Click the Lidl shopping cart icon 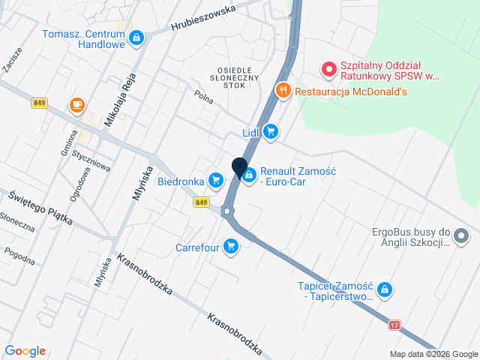click(271, 133)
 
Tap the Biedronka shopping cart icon click(216, 180)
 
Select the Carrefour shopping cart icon click(231, 246)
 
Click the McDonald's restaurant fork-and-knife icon click(283, 91)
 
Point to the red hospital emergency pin click(328, 70)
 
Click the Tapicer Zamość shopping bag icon click(384, 289)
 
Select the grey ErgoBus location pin click(461, 237)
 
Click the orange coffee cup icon click(76, 106)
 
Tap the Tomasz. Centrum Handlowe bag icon click(136, 37)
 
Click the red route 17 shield click(394, 325)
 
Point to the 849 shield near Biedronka click(200, 202)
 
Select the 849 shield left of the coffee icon click(40, 103)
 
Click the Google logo click(25, 351)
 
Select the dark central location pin click(239, 167)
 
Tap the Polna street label click(203, 97)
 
